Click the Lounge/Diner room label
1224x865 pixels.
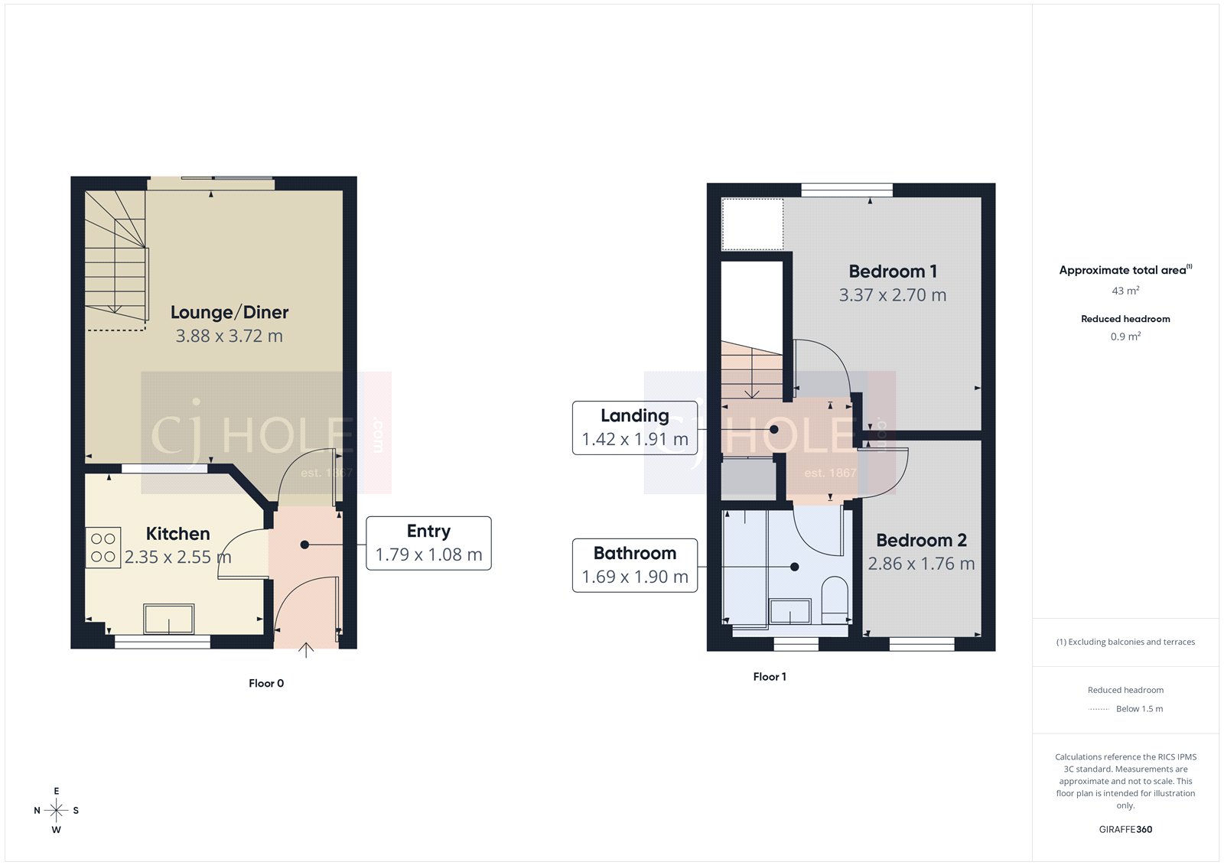(229, 313)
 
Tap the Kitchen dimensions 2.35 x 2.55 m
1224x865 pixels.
(177, 558)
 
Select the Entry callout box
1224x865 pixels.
(428, 543)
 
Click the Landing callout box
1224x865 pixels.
(634, 428)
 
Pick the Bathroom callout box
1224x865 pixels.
(634, 565)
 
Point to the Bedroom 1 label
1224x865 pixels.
(892, 272)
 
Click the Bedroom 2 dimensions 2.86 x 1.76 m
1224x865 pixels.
(921, 564)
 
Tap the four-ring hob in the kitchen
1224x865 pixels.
(103, 548)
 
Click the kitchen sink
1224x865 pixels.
(169, 619)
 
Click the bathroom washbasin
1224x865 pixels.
(789, 612)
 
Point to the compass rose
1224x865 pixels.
(56, 810)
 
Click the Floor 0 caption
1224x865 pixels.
(266, 684)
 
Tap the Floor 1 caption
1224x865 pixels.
(770, 677)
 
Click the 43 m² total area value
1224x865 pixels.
(1125, 291)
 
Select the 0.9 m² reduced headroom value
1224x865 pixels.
(1125, 337)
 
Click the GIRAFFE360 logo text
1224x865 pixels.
(1125, 829)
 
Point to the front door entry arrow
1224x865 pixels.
(306, 650)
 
